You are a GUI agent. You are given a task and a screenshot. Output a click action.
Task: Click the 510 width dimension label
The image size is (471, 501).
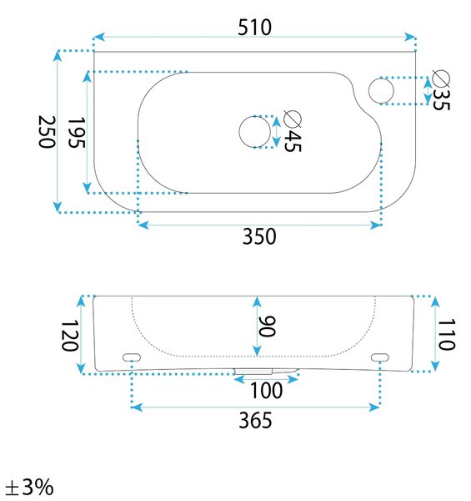click(x=255, y=28)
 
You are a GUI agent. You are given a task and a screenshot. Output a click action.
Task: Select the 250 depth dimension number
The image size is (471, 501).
click(x=47, y=132)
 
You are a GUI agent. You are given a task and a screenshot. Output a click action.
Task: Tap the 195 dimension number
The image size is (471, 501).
click(x=77, y=132)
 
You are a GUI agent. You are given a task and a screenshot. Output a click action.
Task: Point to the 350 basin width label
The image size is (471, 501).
click(x=259, y=236)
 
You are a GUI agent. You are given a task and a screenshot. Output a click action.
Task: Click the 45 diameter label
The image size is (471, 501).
click(x=293, y=141)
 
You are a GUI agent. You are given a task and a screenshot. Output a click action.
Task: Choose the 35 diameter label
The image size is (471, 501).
click(x=441, y=99)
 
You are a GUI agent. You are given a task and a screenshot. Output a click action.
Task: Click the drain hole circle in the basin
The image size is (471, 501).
click(x=254, y=131)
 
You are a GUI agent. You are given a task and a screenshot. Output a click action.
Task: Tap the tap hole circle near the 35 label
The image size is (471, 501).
click(x=381, y=90)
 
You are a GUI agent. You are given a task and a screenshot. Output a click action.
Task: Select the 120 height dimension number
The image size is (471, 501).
click(x=69, y=337)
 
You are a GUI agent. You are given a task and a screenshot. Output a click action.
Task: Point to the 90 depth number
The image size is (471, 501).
click(x=267, y=326)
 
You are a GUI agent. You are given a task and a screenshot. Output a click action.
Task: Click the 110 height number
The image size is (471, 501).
click(x=447, y=334)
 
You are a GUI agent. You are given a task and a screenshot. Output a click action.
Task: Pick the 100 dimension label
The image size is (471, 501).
click(x=266, y=391)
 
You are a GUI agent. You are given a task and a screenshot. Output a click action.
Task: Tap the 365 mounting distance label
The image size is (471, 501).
click(x=255, y=420)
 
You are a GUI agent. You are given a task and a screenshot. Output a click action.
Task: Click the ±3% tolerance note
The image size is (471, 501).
click(x=30, y=488)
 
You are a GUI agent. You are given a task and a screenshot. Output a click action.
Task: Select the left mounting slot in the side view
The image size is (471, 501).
click(x=132, y=357)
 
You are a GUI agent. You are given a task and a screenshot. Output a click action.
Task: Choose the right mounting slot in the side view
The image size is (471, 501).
click(x=380, y=357)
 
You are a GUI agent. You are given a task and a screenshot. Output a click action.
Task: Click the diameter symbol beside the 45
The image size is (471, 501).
click(x=293, y=119)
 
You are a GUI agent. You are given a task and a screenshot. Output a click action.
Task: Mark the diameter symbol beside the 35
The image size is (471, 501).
click(x=441, y=78)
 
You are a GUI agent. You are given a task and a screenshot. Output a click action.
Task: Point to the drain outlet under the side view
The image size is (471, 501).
click(x=266, y=372)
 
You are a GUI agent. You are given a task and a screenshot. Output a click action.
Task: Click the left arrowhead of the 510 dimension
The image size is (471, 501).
click(x=99, y=37)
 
